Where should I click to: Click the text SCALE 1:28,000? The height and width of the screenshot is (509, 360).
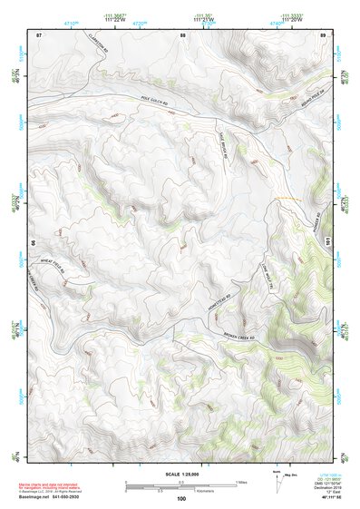point(181,474)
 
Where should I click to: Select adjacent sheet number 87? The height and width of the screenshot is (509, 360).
point(39,34)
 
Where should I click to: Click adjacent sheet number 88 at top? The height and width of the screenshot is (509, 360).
point(182,34)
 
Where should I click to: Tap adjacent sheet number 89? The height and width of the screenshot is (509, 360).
point(322,34)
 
